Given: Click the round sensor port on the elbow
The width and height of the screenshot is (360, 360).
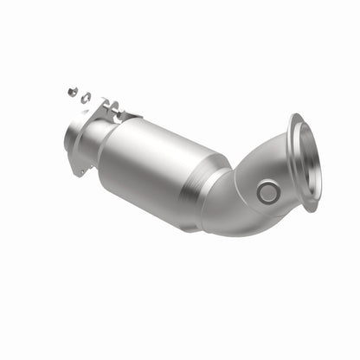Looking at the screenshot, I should coord(268,192).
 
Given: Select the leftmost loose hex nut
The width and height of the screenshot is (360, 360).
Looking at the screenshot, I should coord(71,88).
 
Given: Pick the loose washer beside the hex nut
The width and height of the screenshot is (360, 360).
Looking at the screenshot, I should coord(85,97).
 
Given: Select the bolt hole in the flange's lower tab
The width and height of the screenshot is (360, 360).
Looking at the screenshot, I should coord(83,170).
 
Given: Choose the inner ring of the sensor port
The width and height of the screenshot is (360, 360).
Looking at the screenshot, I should coord(268,192).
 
